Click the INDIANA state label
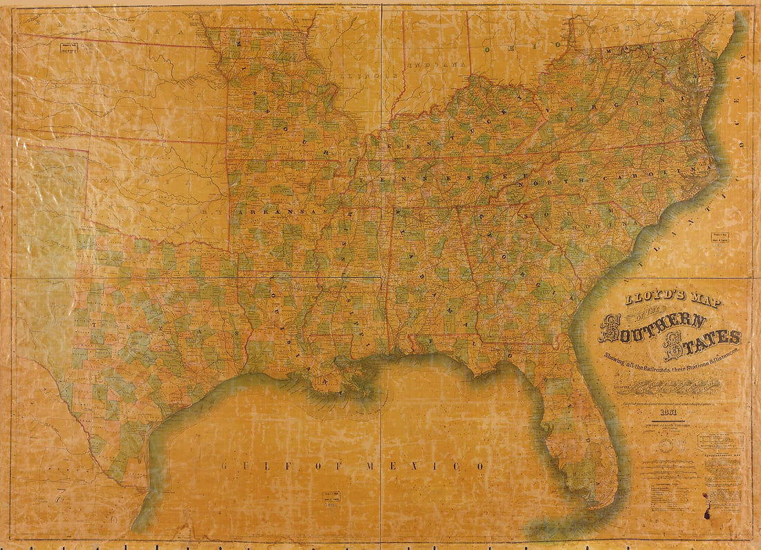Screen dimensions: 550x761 click(436, 63)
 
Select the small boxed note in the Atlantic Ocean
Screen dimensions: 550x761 click(717, 238)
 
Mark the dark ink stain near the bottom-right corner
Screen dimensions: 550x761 click(708, 513)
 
